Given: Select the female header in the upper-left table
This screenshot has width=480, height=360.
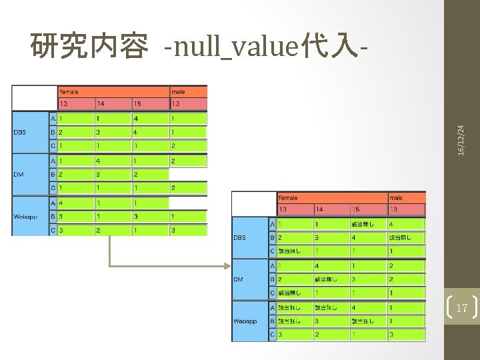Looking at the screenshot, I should (69, 91).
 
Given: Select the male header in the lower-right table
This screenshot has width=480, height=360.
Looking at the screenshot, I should (397, 197).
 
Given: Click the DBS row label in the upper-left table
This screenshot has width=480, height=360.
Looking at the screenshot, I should (20, 132).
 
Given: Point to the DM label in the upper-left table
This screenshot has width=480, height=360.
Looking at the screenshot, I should (19, 174).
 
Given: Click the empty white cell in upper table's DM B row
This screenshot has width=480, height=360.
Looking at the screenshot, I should (188, 174).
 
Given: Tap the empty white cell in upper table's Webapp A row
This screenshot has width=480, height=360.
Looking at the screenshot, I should (188, 202).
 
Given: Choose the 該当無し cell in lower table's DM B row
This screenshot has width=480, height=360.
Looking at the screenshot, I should (327, 279).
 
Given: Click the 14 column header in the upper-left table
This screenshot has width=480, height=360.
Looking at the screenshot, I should (101, 104).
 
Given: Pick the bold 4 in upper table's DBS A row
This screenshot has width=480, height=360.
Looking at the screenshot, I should (135, 118).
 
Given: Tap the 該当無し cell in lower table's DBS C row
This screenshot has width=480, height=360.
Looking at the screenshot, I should (289, 251).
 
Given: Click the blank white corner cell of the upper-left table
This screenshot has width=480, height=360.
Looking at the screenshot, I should (34, 97).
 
